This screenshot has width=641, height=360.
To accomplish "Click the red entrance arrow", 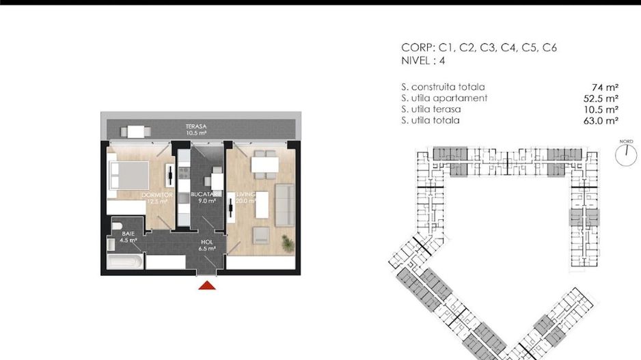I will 207,284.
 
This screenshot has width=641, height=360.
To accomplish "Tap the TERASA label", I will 196,126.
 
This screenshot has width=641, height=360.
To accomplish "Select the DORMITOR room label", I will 156,195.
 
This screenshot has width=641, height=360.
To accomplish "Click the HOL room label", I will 207,243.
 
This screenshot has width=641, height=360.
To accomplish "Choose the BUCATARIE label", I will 206,195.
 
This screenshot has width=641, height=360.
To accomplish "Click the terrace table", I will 137,131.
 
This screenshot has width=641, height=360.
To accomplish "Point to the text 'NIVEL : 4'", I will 424,60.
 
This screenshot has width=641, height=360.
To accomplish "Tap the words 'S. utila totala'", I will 431,120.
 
